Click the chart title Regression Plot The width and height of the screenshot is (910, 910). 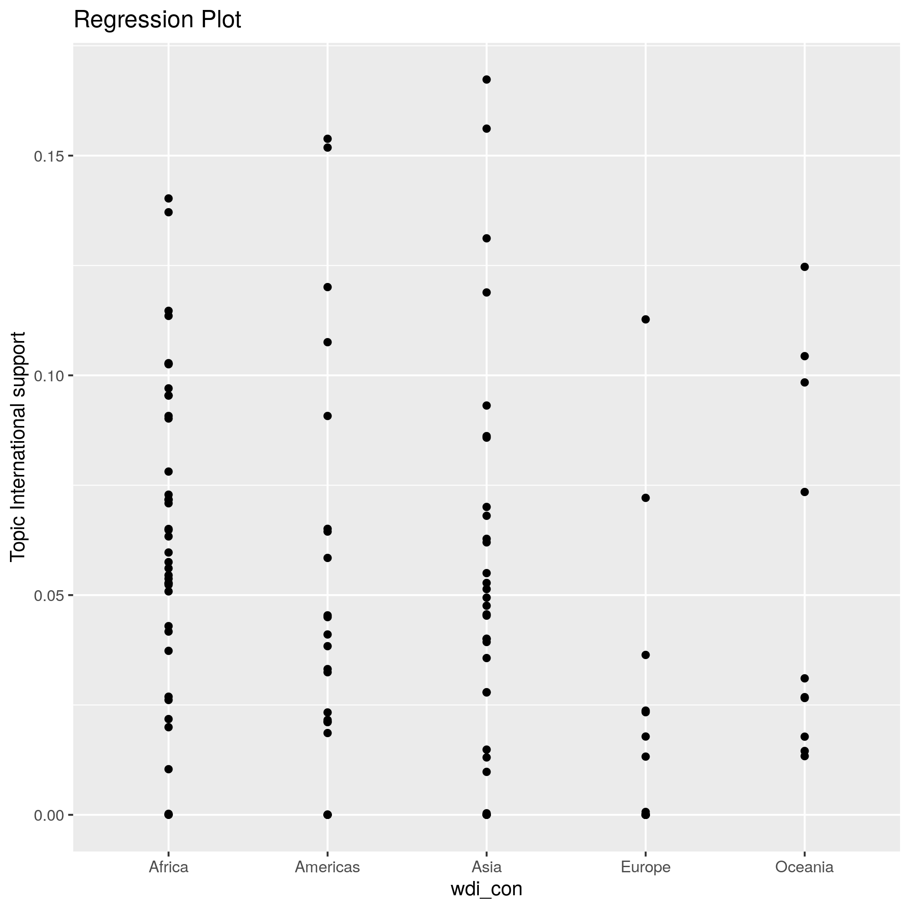(157, 20)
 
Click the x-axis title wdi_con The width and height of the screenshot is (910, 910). (487, 889)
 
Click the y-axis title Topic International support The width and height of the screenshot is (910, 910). (18, 446)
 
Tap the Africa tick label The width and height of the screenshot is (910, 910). (168, 867)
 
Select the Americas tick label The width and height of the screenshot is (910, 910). (327, 867)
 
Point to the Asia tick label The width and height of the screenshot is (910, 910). (487, 867)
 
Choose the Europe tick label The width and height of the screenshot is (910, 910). (645, 867)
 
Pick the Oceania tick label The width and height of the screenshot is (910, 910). (804, 867)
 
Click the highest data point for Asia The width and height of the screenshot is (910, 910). (487, 80)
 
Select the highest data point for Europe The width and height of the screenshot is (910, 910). (646, 319)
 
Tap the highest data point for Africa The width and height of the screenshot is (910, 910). (168, 198)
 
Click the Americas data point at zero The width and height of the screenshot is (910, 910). (327, 814)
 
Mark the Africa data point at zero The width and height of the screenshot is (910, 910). (168, 814)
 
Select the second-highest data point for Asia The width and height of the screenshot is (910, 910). (487, 129)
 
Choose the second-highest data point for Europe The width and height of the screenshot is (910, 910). (646, 498)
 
